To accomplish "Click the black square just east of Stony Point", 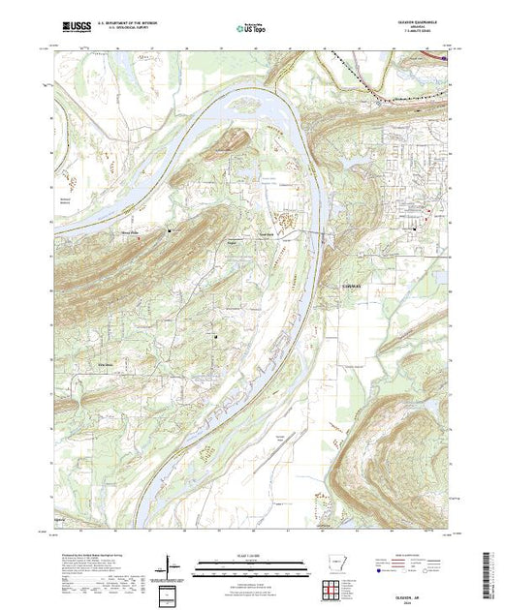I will (x=169, y=230).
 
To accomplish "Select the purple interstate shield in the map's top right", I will (x=445, y=58).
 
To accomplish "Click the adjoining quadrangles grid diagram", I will (x=331, y=588).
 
